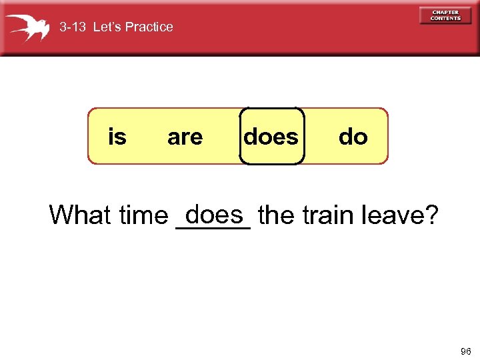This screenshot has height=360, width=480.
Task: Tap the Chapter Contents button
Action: [445, 15]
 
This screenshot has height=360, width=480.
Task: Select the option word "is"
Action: [117, 137]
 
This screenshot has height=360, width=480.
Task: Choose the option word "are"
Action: [185, 137]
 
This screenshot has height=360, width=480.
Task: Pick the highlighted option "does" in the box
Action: [271, 137]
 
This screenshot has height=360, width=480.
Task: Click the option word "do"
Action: [353, 137]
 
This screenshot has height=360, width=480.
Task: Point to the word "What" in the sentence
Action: [80, 215]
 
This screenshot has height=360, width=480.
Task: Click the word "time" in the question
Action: [143, 215]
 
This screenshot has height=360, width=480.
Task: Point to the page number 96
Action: [465, 351]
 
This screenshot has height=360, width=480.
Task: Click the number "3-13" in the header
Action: [73, 27]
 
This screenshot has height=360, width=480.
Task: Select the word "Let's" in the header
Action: [108, 27]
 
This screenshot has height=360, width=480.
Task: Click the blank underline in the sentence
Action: [212, 227]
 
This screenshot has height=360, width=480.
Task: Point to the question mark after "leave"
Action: [432, 215]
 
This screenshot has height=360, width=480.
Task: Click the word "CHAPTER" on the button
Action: [445, 12]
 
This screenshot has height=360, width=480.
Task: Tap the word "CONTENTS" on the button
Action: [445, 19]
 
